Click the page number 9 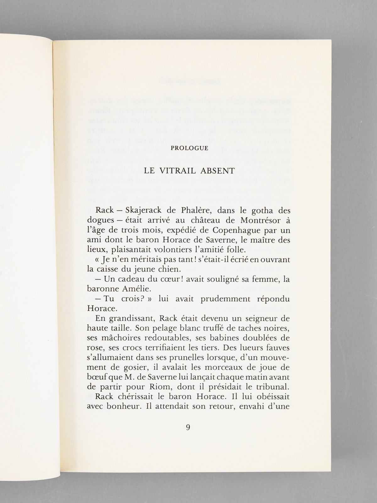click(188, 428)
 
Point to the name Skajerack click(145, 211)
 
